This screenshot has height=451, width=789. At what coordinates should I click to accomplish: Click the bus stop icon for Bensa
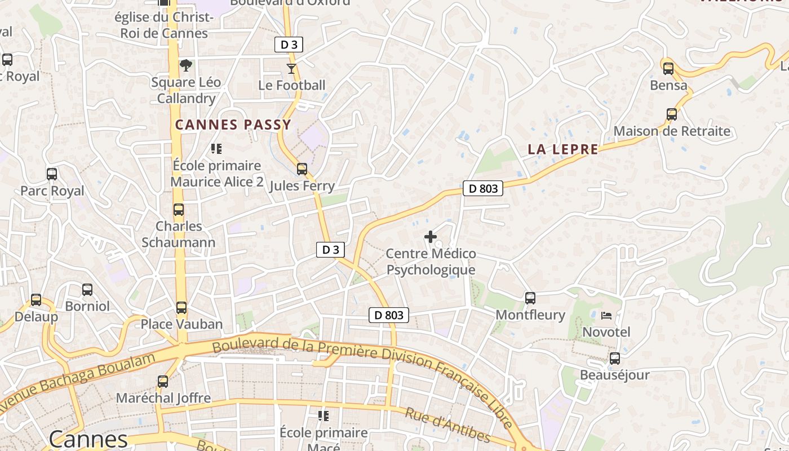(x=668, y=69)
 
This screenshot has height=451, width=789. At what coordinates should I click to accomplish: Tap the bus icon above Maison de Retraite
(x=672, y=114)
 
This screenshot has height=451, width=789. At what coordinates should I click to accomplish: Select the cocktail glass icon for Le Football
(x=291, y=69)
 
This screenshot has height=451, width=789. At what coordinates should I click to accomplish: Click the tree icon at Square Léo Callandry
(x=185, y=65)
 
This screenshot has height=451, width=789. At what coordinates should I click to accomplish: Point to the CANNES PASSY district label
(x=233, y=125)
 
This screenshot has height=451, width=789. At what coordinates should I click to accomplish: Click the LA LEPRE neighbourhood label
(x=563, y=149)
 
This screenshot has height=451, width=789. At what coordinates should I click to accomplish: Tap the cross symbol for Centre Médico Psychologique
(x=431, y=237)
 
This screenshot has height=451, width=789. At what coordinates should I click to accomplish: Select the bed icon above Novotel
(x=606, y=315)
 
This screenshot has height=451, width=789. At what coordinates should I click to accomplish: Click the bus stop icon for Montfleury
(x=530, y=298)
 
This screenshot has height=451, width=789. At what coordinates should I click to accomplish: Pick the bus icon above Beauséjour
(x=614, y=359)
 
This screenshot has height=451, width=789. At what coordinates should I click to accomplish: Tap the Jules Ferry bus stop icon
(x=302, y=169)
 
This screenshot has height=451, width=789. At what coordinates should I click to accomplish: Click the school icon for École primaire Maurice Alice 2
(x=216, y=149)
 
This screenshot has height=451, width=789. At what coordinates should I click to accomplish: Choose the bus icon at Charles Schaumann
(x=179, y=210)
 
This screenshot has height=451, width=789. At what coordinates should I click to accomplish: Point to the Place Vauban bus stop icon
(x=181, y=308)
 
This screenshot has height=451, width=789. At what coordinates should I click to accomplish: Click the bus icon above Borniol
(x=87, y=290)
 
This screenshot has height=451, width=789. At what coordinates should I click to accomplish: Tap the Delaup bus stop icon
(x=36, y=300)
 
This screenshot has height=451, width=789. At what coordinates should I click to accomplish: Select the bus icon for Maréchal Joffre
(x=163, y=382)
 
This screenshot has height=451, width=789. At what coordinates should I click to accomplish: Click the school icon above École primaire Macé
(x=323, y=416)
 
